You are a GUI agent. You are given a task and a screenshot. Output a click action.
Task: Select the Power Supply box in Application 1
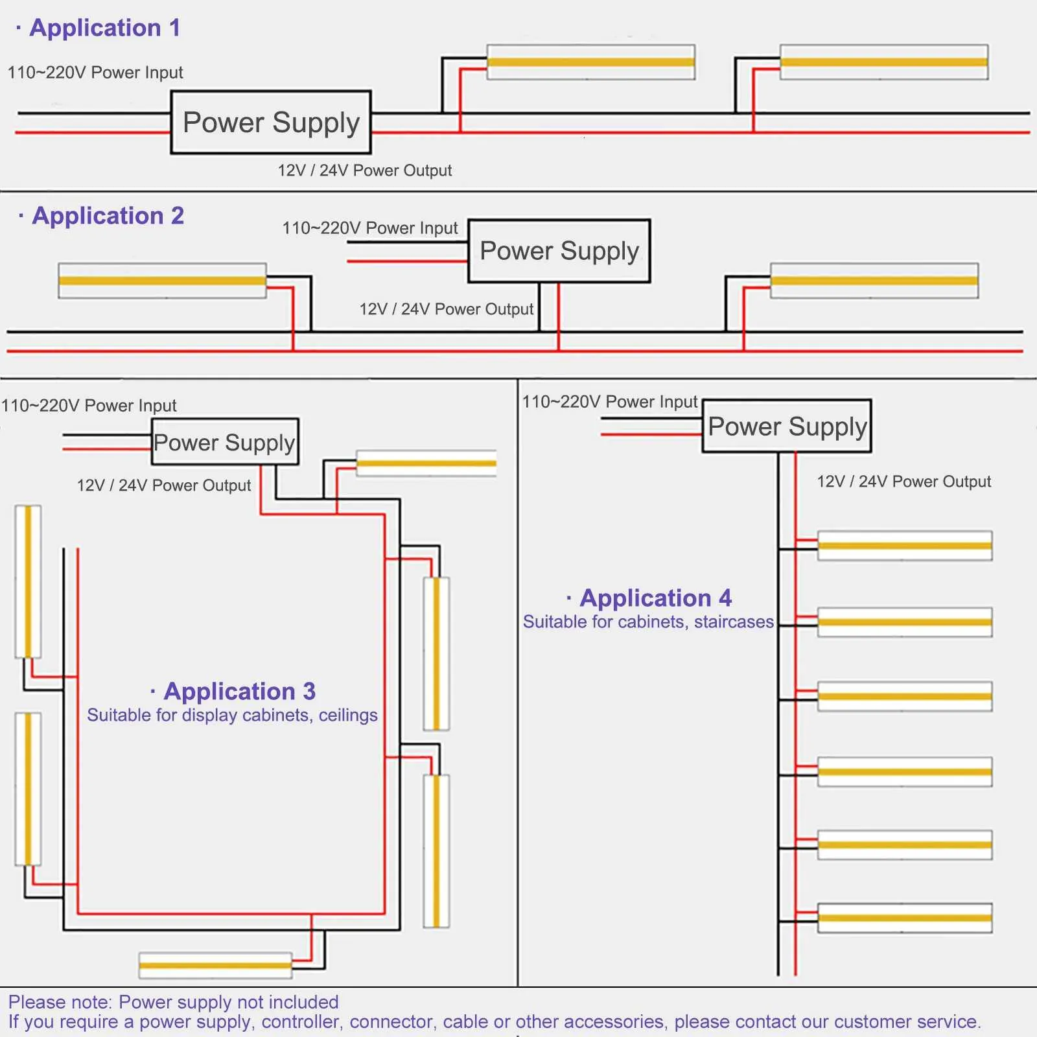tap(271, 122)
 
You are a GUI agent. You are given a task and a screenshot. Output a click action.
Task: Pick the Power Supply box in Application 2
tap(559, 251)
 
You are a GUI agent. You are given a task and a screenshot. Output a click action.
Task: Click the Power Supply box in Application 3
tap(225, 442)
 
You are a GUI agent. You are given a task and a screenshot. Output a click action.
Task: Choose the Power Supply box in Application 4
tap(787, 426)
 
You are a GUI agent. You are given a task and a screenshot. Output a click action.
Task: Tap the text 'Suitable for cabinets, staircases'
tap(648, 622)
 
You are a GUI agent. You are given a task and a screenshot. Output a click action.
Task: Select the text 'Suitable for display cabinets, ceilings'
tap(232, 716)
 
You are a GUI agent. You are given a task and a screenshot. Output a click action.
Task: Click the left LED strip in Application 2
tap(162, 281)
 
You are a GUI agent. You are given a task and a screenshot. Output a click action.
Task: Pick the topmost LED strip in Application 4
tap(905, 546)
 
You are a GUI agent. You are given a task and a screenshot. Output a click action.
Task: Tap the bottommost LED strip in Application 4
tap(905, 918)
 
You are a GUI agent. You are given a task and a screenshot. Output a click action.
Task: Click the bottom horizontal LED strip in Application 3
tap(215, 965)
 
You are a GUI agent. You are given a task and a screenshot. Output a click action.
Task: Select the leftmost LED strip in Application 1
tap(590, 62)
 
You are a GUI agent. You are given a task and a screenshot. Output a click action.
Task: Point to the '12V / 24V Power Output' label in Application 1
tap(365, 170)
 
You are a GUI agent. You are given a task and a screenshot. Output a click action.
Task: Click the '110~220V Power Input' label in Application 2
tap(370, 228)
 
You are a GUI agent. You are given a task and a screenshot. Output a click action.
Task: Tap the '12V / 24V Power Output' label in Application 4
tap(903, 482)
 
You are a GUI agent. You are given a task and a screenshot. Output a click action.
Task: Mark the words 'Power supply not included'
tap(229, 1002)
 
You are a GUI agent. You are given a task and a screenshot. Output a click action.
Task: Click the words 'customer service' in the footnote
tap(906, 1022)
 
